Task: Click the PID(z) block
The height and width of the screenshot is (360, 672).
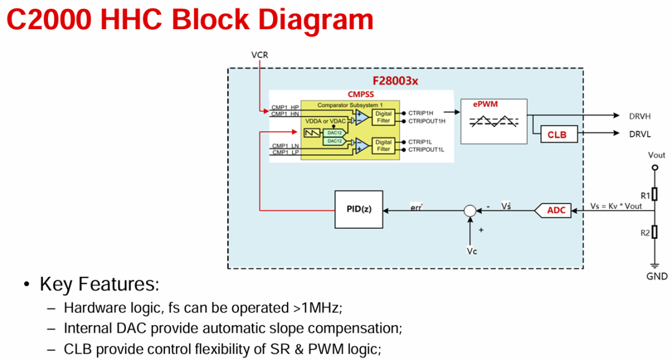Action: coord(359,210)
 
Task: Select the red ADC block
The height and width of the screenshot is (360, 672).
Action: coord(553,210)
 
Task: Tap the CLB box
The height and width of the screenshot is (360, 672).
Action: coord(559,134)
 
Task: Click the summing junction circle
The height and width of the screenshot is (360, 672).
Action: coord(470,211)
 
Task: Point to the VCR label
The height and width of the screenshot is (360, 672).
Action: coord(259,55)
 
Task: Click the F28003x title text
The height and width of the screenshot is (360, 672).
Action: coord(395,81)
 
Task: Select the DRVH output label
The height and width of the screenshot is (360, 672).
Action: coord(640,116)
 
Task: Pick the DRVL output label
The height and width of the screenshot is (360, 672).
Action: coord(640,134)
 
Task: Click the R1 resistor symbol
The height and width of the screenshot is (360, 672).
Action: coord(655,194)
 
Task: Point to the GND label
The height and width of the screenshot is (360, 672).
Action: coord(656,277)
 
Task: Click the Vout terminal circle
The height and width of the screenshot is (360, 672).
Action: coord(655,167)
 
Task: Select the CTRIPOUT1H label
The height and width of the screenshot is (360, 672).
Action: coord(426,121)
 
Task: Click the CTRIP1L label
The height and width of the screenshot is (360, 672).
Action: coord(420,142)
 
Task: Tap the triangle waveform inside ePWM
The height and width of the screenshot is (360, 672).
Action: coord(493,122)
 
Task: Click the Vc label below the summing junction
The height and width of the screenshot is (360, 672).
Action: coord(472,251)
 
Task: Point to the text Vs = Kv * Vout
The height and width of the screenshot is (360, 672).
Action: coord(616,206)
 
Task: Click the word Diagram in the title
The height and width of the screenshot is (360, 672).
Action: coord(316,19)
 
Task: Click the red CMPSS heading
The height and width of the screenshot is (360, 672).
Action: coord(361,94)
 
